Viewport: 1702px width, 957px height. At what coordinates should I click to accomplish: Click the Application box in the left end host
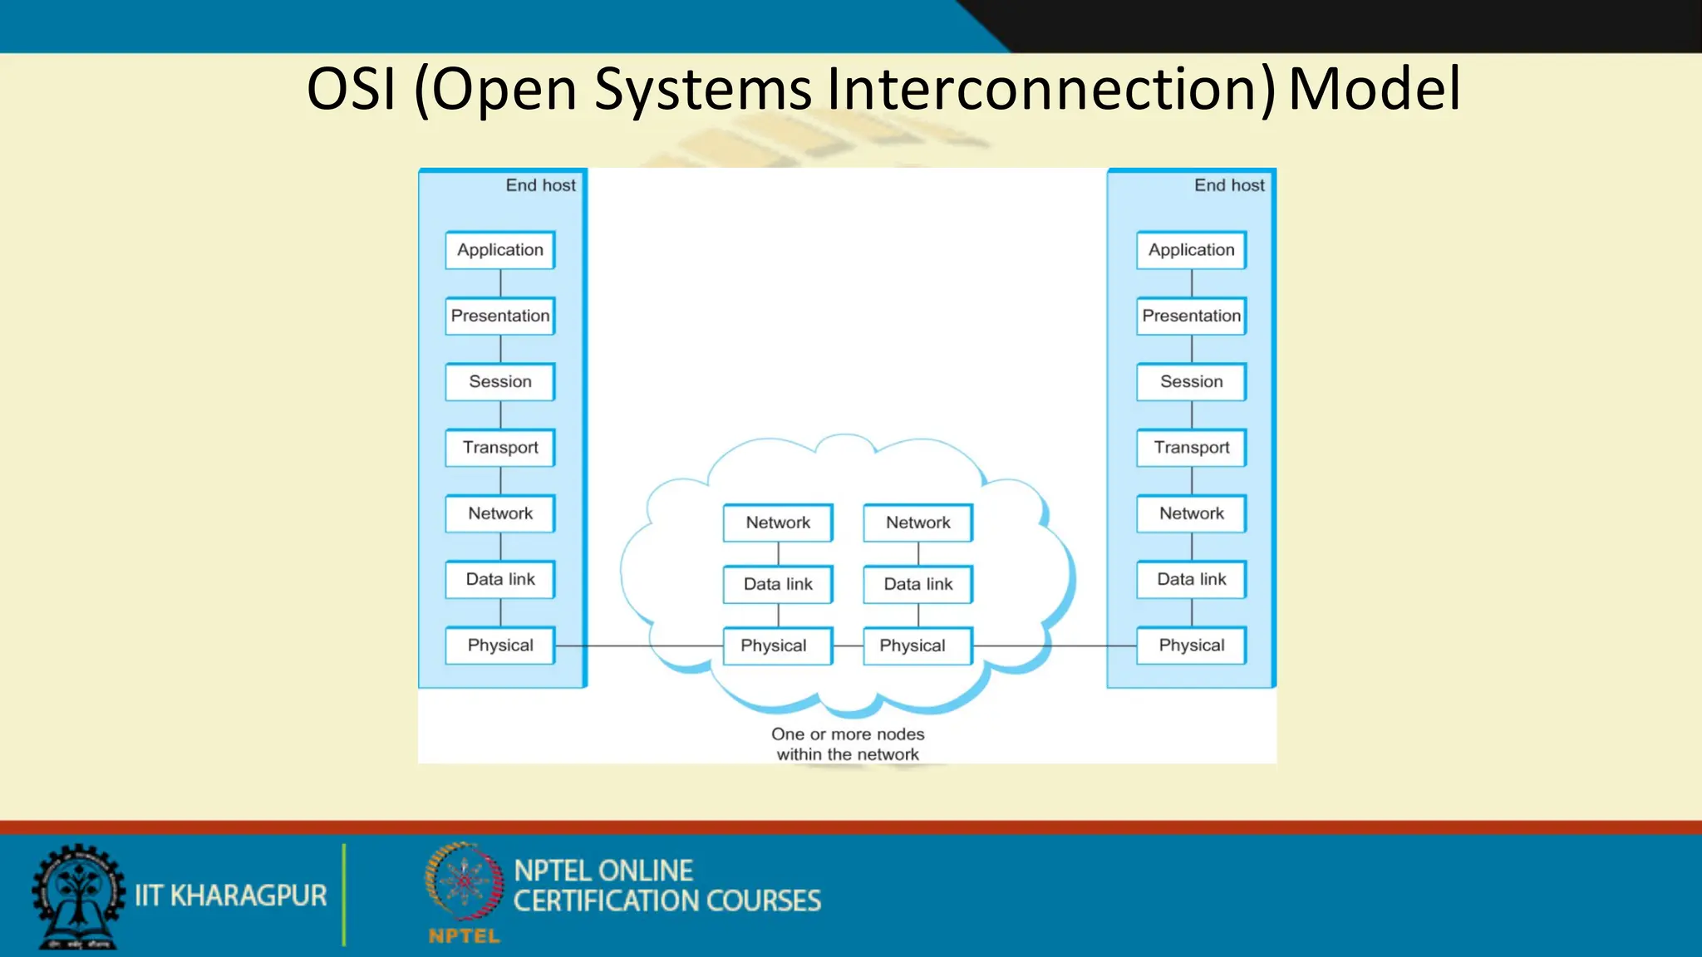pos(500,250)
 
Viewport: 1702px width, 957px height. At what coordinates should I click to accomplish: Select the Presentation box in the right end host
pos(1191,316)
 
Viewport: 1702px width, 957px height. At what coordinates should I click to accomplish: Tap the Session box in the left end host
pos(500,381)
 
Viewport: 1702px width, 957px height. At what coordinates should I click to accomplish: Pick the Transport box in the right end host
pos(1191,448)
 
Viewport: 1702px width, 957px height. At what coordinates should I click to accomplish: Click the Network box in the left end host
pos(500,513)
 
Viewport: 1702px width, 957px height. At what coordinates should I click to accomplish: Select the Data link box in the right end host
pos(1191,579)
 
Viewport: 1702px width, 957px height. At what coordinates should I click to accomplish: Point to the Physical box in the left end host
pos(500,645)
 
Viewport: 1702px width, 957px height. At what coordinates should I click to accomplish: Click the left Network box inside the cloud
pos(778,523)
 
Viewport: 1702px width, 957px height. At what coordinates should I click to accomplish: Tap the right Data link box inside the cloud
pos(918,584)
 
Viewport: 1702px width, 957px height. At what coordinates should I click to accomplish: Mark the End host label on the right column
pos(1229,185)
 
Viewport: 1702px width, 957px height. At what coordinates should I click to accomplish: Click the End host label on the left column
pos(540,185)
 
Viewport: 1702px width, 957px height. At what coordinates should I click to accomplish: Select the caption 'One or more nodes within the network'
pos(848,744)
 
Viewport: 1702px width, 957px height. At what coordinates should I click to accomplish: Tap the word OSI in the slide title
pos(351,89)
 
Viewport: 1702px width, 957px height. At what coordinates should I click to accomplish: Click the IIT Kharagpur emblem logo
pos(78,896)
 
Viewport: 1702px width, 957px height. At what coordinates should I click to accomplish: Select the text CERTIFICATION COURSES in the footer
pos(667,901)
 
